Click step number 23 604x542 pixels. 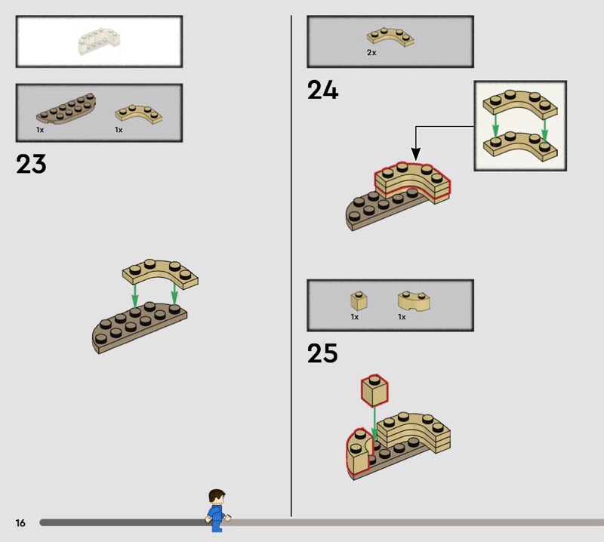(x=31, y=164)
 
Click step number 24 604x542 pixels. (x=323, y=90)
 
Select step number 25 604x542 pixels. (x=322, y=353)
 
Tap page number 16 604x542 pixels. (x=20, y=522)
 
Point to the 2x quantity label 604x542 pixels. (x=371, y=53)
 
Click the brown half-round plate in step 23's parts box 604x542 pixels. (x=66, y=108)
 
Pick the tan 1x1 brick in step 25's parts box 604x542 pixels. (x=359, y=301)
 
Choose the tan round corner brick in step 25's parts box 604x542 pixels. (x=414, y=301)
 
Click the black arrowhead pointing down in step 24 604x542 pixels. (x=416, y=154)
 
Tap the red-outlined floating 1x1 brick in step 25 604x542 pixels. (x=374, y=390)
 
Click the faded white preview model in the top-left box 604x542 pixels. (x=100, y=42)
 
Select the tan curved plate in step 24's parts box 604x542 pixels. (x=390, y=37)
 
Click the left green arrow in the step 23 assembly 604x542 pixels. (x=134, y=296)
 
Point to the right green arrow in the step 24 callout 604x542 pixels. (x=544, y=130)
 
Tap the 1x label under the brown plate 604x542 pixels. (x=40, y=130)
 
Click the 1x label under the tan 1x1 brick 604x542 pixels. (x=354, y=317)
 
